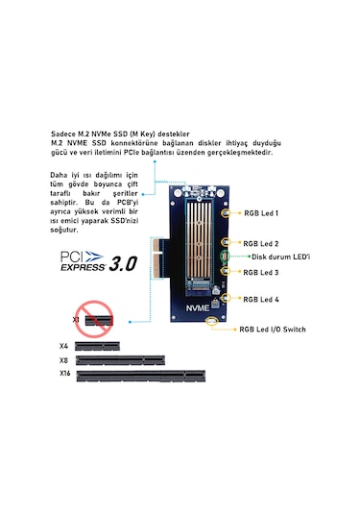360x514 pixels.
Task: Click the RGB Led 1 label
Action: [261, 212]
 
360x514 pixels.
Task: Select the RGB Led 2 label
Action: [261, 244]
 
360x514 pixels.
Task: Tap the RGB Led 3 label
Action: [261, 273]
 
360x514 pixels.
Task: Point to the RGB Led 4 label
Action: [261, 299]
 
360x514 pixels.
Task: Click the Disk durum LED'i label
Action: [278, 257]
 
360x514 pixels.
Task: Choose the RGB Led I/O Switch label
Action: [274, 330]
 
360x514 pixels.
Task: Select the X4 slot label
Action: [63, 344]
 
